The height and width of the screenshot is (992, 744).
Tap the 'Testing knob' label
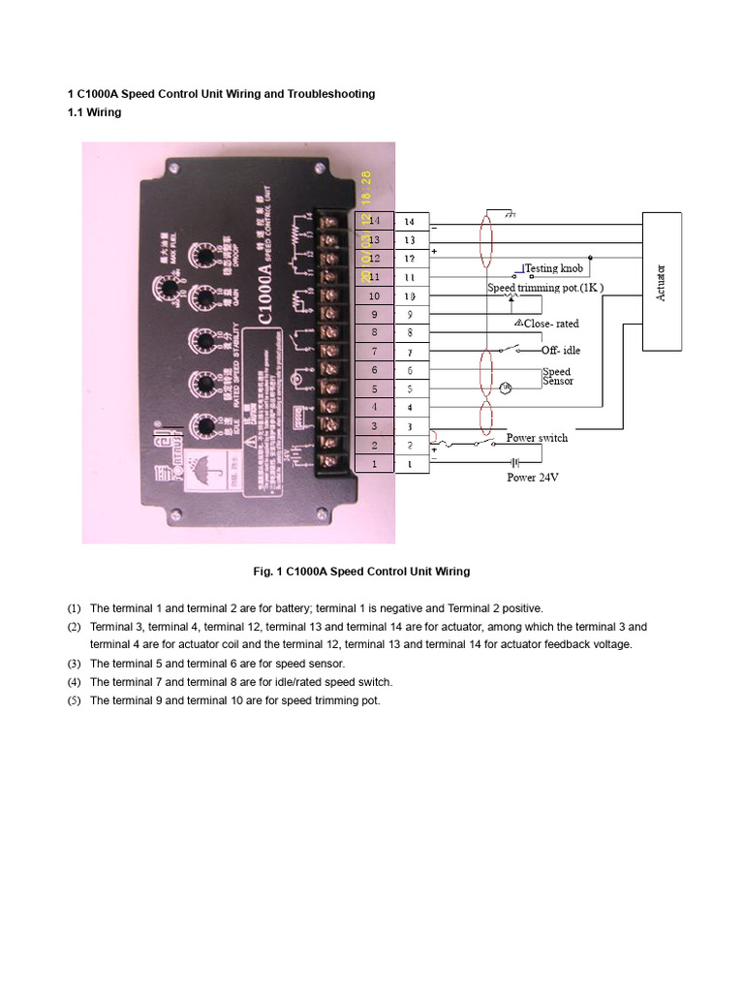click(554, 268)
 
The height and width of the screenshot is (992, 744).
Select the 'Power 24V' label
click(534, 478)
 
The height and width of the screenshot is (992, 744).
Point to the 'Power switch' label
click(537, 438)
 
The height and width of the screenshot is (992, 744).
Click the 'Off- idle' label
click(561, 350)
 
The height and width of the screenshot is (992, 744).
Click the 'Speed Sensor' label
click(557, 376)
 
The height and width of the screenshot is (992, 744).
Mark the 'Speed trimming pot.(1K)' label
click(544, 288)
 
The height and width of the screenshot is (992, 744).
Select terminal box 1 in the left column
click(375, 464)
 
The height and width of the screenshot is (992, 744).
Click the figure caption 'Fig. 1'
click(361, 572)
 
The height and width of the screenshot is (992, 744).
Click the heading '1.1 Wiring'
click(94, 112)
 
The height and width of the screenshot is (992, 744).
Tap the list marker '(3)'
click(75, 664)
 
